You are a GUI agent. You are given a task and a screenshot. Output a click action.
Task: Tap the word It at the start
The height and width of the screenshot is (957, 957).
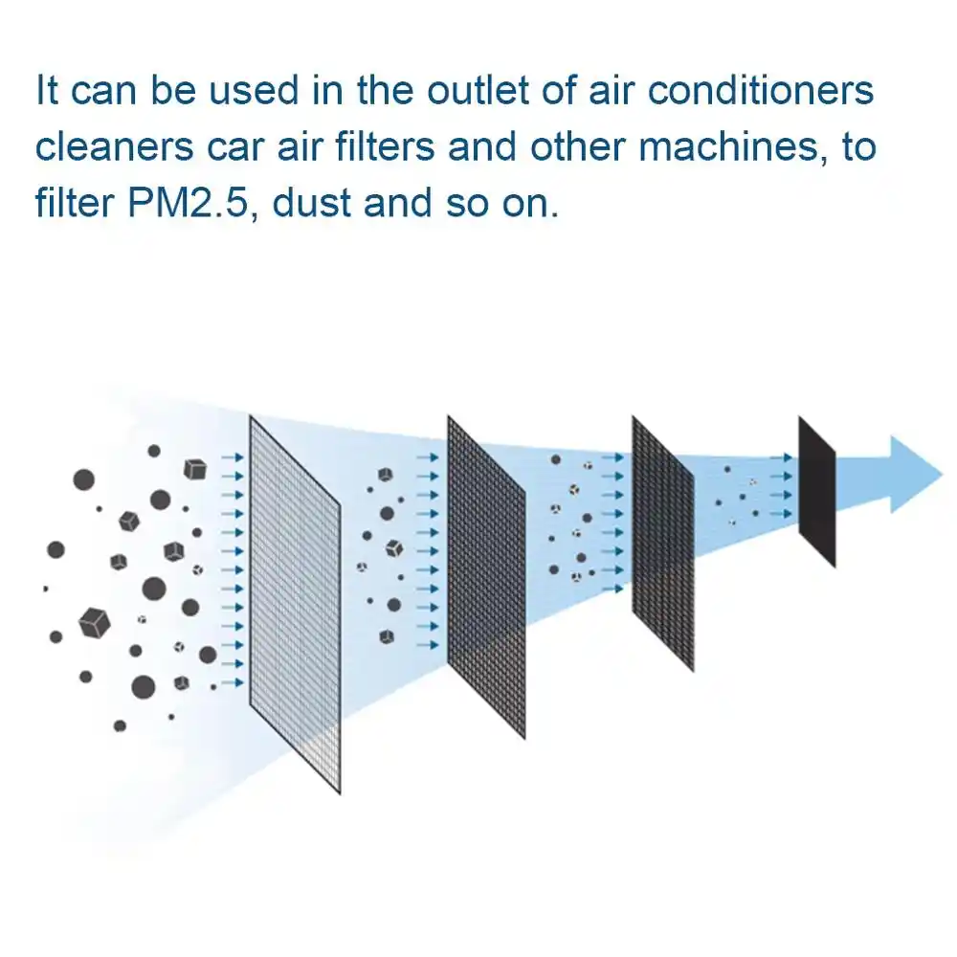click(48, 92)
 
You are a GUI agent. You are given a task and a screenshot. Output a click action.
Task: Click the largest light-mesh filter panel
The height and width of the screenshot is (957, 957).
click(295, 603)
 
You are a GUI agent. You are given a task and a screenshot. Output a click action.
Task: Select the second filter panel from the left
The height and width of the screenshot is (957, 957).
click(486, 574)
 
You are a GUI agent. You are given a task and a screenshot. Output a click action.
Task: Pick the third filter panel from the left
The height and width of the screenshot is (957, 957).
click(662, 543)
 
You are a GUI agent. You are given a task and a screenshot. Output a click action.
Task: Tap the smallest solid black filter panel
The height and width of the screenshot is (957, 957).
click(816, 491)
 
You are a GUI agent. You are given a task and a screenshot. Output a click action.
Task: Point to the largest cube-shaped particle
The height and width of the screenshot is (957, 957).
click(94, 622)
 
